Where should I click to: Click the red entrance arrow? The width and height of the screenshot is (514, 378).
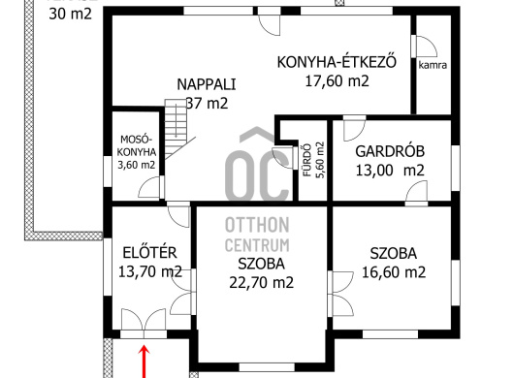pyautogui.click(x=144, y=362)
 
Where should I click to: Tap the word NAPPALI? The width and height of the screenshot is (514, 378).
pyautogui.click(x=207, y=84)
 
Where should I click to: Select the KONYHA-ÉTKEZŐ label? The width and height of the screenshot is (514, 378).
pyautogui.click(x=337, y=62)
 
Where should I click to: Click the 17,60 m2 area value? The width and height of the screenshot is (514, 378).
pyautogui.click(x=337, y=80)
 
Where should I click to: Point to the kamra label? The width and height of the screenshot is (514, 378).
pyautogui.click(x=433, y=65)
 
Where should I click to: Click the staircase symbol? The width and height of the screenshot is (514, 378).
pyautogui.click(x=177, y=129)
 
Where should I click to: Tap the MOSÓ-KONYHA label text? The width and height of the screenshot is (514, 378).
pyautogui.click(x=137, y=145)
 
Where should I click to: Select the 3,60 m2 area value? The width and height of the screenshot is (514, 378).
pyautogui.click(x=137, y=165)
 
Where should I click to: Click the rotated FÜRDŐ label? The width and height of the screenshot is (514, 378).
pyautogui.click(x=306, y=160)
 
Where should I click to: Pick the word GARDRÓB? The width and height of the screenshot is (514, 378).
pyautogui.click(x=390, y=151)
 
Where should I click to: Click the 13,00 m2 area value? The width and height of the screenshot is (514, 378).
pyautogui.click(x=390, y=171)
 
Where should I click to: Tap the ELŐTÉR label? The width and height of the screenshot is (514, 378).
pyautogui.click(x=149, y=253)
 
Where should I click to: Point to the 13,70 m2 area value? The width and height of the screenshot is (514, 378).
pyautogui.click(x=149, y=271)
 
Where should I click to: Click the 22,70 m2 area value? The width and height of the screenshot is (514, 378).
pyautogui.click(x=261, y=282)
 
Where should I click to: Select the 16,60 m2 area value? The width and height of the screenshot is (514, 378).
pyautogui.click(x=394, y=272)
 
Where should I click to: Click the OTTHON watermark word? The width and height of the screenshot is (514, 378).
pyautogui.click(x=257, y=225)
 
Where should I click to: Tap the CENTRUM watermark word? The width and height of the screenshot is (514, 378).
pyautogui.click(x=257, y=245)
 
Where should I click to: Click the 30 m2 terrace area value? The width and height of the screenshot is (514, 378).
pyautogui.click(x=70, y=15)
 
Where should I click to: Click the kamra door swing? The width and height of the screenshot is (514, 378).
pyautogui.click(x=424, y=46)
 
